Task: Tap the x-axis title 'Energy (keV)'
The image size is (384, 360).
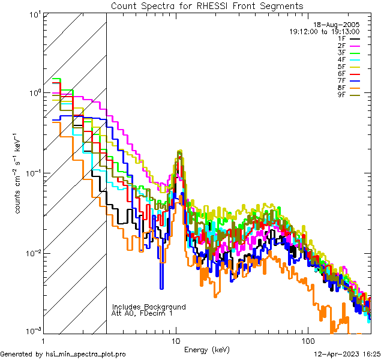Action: (x=207, y=349)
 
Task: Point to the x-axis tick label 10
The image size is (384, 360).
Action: (x=176, y=340)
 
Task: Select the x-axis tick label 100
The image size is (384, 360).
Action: (x=307, y=340)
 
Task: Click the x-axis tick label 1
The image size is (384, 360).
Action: (x=43, y=340)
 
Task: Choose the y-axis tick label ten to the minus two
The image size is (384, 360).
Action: (x=32, y=253)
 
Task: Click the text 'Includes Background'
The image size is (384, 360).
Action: (x=149, y=307)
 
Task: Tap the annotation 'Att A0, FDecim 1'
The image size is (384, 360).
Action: (x=142, y=313)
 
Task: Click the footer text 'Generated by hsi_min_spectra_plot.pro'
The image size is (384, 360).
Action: (x=63, y=355)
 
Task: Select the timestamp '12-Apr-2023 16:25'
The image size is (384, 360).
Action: (x=344, y=355)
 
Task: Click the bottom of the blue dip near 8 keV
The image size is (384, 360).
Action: (x=161, y=287)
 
